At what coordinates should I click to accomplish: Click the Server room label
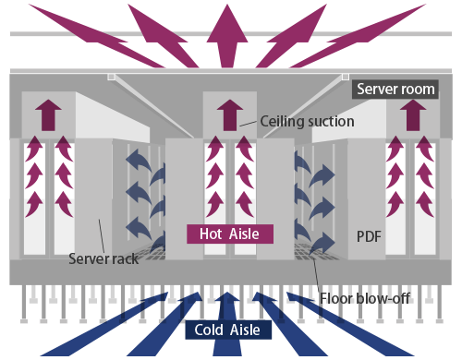click(394, 89)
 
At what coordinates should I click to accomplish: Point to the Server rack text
click(103, 258)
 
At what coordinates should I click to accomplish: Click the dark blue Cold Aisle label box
click(226, 330)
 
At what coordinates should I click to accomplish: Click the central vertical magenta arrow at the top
click(226, 32)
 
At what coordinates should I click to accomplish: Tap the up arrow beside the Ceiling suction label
click(226, 115)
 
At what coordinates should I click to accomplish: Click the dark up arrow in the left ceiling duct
click(48, 114)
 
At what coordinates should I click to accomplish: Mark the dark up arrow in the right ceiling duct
click(408, 114)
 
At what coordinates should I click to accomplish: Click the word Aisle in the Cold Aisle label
click(244, 330)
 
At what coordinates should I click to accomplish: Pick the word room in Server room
click(415, 89)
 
